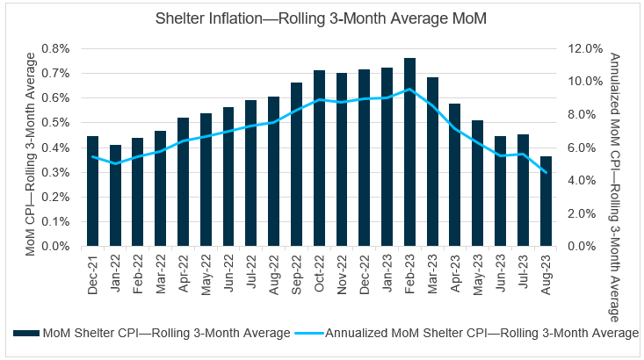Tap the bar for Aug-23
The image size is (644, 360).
click(546, 201)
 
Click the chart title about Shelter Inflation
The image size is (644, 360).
click(322, 18)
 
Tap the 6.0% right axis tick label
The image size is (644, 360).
click(583, 148)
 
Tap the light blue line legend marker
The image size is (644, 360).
click(312, 333)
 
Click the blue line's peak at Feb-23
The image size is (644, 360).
click(409, 89)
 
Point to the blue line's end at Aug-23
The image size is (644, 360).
click(546, 173)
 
